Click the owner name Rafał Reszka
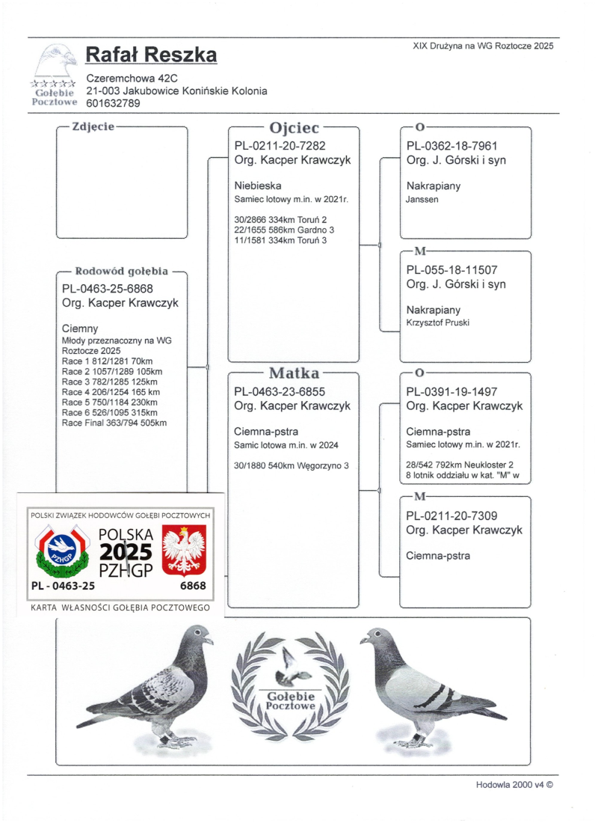click(152, 55)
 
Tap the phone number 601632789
click(113, 103)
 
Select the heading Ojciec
click(294, 127)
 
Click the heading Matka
click(294, 373)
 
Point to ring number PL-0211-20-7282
click(280, 146)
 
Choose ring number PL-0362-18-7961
click(451, 146)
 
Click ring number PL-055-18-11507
click(451, 270)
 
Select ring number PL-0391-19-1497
click(451, 391)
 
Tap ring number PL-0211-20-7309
click(451, 515)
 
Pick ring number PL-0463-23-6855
click(280, 391)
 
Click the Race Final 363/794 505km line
click(114, 423)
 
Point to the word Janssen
click(423, 200)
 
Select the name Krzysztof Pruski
click(438, 323)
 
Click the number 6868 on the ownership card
click(193, 586)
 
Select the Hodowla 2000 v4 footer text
click(516, 785)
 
